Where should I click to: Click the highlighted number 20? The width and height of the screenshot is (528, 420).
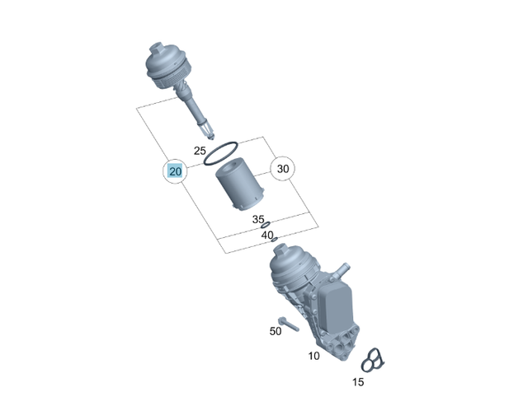coord(175,171)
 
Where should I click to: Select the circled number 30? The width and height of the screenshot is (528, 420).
coord(283,169)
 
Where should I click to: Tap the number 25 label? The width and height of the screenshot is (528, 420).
coord(200,151)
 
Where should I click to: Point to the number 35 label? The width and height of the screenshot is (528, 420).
coord(258,220)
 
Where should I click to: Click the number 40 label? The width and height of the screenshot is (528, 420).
coord(267,235)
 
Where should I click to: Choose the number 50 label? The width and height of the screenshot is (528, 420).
coord(276,330)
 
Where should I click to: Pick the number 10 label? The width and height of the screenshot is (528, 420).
coord(313,356)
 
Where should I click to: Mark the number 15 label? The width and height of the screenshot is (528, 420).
coord(357,382)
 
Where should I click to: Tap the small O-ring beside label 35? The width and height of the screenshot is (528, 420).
coord(265,225)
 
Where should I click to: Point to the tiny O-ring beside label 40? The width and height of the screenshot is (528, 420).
coord(275,240)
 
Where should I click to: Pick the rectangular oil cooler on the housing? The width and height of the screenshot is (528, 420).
coord(337,308)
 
